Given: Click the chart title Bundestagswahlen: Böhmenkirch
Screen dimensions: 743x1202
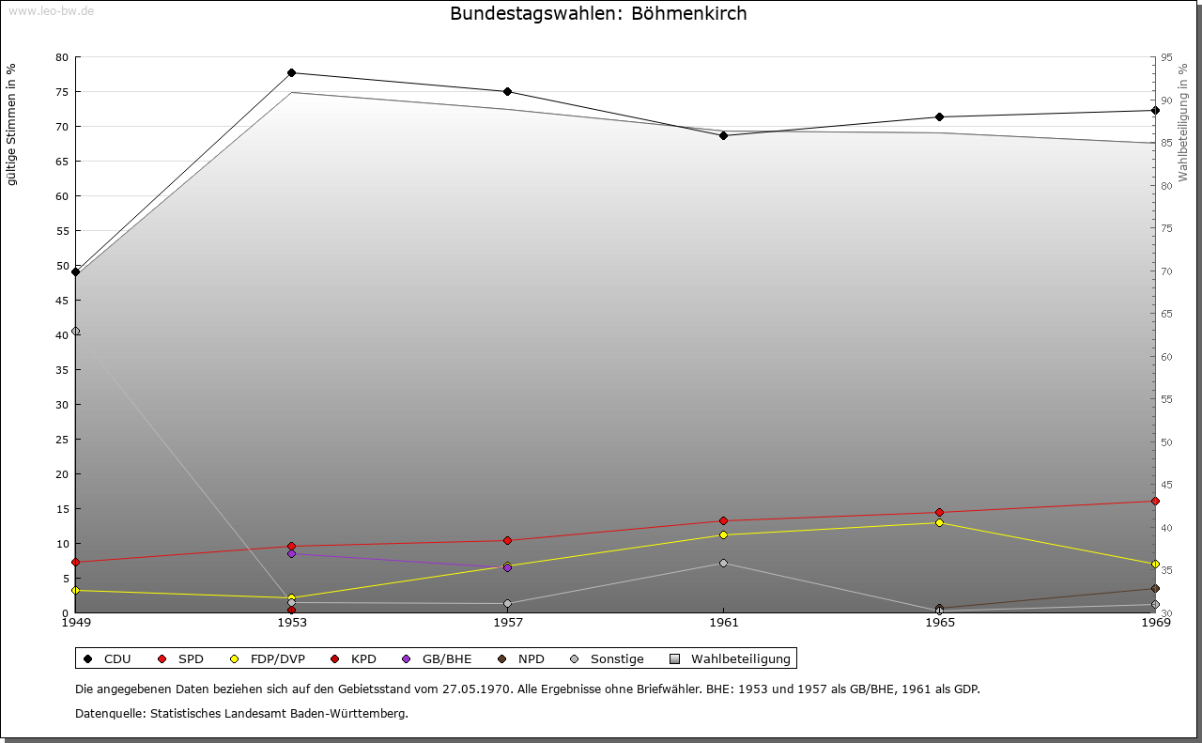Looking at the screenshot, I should pos(598,14).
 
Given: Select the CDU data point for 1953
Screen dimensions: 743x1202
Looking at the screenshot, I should pos(292,73).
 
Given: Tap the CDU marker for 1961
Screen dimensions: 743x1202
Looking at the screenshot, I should pos(724,135).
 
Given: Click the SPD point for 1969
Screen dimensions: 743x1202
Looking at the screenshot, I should pos(1155,502).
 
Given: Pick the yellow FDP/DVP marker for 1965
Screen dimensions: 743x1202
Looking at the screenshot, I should pos(939,523).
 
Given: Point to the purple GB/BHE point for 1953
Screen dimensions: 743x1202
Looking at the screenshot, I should pos(292,554).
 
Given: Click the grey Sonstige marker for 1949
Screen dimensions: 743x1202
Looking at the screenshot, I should pos(76,332).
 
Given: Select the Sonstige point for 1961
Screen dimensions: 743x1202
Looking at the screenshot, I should pos(724,564).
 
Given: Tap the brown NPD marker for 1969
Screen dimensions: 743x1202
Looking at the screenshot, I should pos(1155,589).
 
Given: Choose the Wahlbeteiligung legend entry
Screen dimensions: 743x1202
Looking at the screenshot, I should pos(732,659).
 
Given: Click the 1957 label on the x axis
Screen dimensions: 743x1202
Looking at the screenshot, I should pos(508,622).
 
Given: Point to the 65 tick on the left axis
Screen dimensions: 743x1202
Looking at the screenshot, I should pos(62,162).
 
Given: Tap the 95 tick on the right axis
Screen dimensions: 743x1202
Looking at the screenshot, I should pos(1167,57).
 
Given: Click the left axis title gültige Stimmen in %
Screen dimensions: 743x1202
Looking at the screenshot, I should pos(12,125).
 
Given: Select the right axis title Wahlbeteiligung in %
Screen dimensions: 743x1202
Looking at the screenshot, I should pos(1183,123).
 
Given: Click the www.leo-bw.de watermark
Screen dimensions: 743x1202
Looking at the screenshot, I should pos(51,9).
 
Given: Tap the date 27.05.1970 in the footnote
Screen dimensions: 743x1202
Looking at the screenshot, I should pos(476,689).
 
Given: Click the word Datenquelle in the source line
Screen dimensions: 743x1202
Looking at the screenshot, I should pos(107,714).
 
